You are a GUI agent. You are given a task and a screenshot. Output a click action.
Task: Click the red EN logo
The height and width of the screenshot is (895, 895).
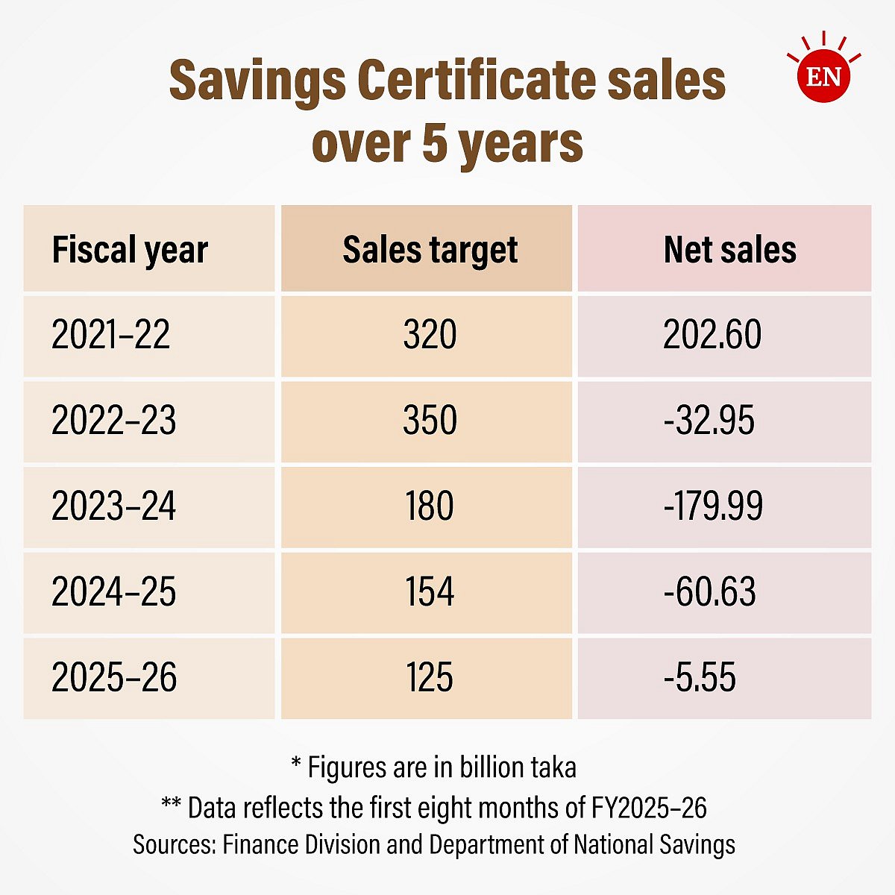point(823,75)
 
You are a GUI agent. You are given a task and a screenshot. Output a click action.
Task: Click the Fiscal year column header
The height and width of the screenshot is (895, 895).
point(130,250)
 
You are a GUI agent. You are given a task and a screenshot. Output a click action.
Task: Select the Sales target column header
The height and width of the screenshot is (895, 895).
point(430,250)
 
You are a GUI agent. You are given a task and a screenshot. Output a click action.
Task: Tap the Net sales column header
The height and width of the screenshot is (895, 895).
point(729,250)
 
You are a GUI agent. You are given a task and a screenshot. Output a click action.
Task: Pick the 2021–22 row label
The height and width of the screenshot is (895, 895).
point(111,335)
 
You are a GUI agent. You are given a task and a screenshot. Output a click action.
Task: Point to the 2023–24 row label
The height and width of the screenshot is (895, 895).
point(114,506)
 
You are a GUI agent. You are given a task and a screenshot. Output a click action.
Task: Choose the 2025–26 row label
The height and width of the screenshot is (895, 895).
point(114,678)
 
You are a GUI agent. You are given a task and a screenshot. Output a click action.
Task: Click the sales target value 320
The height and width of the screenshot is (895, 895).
point(430,335)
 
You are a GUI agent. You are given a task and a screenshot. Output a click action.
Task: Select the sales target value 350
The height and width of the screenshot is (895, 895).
point(430,421)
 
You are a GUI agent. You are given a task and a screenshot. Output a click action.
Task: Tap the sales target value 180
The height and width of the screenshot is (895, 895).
point(430,506)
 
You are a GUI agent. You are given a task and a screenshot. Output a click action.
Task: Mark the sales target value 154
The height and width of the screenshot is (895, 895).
point(430,592)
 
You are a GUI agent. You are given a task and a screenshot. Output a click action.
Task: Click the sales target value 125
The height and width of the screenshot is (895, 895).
point(430,678)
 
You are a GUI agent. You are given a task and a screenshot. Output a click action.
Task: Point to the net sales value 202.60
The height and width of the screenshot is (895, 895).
point(712,335)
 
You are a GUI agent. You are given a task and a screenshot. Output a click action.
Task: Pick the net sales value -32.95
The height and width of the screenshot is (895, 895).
point(709,421)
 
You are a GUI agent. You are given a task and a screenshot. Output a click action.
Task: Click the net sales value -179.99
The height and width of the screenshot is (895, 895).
point(713,506)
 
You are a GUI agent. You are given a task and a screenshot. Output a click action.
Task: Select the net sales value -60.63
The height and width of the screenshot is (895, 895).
point(709,592)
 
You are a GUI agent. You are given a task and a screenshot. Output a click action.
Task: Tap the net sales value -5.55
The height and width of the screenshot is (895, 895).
point(700,678)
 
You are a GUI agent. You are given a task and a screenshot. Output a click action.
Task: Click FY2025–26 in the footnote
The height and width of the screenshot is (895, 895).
point(649,807)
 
